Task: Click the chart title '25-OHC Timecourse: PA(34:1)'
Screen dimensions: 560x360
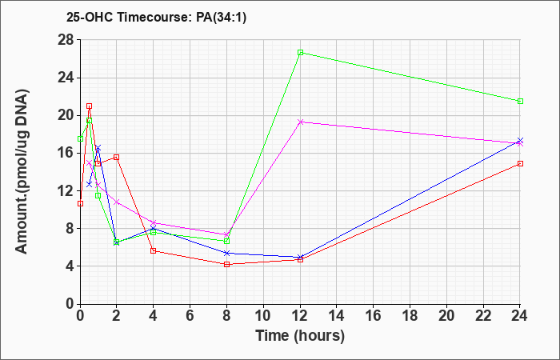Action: coord(156,18)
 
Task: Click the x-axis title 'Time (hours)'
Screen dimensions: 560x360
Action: coord(300,336)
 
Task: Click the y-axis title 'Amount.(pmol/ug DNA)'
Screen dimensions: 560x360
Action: coord(22,171)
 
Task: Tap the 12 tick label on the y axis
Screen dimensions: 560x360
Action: coord(66,190)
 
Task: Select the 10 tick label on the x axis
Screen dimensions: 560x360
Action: coord(263,316)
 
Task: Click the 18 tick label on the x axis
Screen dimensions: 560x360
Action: coord(410,316)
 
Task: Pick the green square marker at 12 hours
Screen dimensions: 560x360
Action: coord(300,53)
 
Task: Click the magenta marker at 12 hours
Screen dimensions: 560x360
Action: coord(300,122)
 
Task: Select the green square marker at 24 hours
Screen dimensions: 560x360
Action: coord(520,101)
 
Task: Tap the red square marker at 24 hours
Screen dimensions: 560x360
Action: coord(520,163)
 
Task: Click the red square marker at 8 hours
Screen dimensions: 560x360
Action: coord(226,264)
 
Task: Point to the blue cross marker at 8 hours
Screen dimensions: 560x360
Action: coord(226,253)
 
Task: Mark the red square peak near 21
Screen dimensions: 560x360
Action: coord(90,106)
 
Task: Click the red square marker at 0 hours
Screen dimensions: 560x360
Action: coord(80,203)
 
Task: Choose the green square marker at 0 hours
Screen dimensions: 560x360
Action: coord(80,138)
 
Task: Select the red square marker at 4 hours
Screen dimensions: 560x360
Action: coord(154,250)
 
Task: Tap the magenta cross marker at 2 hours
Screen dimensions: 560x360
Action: coord(117,202)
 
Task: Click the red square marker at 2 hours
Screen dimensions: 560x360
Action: coord(117,157)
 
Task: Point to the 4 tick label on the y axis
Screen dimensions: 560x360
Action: coord(70,266)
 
